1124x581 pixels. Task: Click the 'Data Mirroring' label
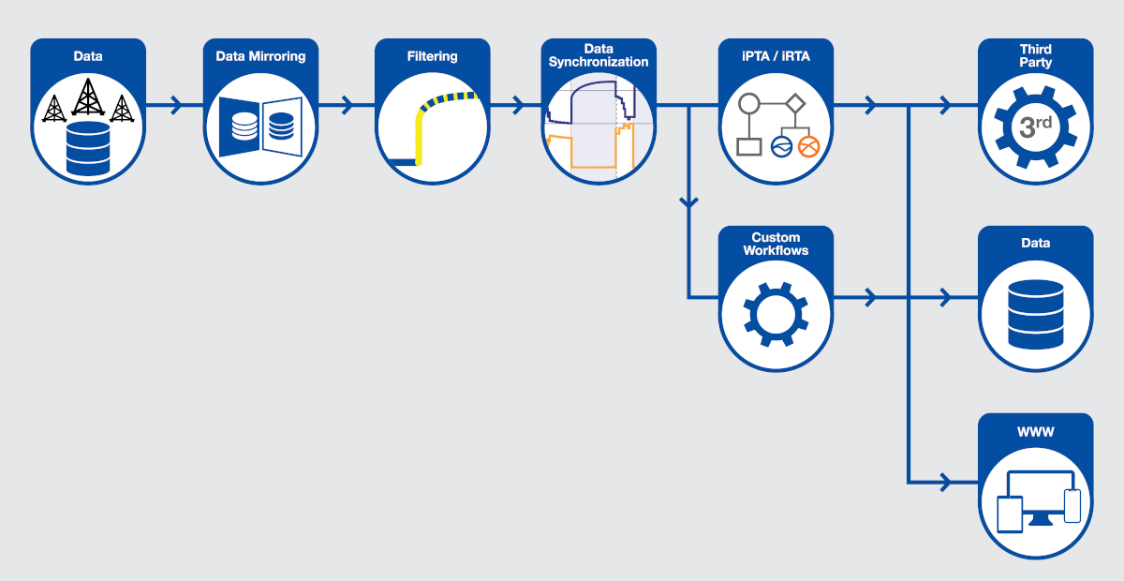[x=260, y=56]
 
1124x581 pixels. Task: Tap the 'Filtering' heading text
[x=432, y=56]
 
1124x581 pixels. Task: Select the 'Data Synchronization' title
[x=599, y=55]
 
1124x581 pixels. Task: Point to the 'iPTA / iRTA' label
[x=776, y=56]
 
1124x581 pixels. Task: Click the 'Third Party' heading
[x=1035, y=55]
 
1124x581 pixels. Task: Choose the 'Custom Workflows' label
[x=776, y=244]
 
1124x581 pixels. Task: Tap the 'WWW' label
[x=1035, y=432]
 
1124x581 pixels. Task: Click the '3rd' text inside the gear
[x=1035, y=127]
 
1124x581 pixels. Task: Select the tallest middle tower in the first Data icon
[x=88, y=97]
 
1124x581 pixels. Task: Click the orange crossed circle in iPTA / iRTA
[x=808, y=147]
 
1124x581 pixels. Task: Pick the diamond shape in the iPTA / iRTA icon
[x=795, y=103]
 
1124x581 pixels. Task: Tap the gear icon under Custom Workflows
[x=776, y=314]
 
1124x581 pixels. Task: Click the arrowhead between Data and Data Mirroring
[x=176, y=105]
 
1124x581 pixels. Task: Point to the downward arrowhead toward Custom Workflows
[x=689, y=201]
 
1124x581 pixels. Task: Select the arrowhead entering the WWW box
[x=945, y=483]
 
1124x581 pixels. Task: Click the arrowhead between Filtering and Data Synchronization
[x=519, y=105]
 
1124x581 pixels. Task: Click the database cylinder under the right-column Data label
[x=1036, y=314]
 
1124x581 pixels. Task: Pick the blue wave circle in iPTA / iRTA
[x=781, y=147]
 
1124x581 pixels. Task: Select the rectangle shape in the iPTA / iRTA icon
[x=749, y=147]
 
